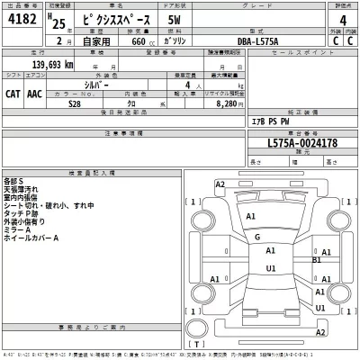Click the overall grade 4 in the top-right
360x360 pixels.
[x=343, y=19]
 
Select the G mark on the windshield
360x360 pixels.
[x=257, y=237]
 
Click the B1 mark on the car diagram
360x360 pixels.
[x=317, y=261]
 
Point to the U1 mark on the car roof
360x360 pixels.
[x=270, y=267]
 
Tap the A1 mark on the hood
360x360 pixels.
[x=251, y=217]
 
